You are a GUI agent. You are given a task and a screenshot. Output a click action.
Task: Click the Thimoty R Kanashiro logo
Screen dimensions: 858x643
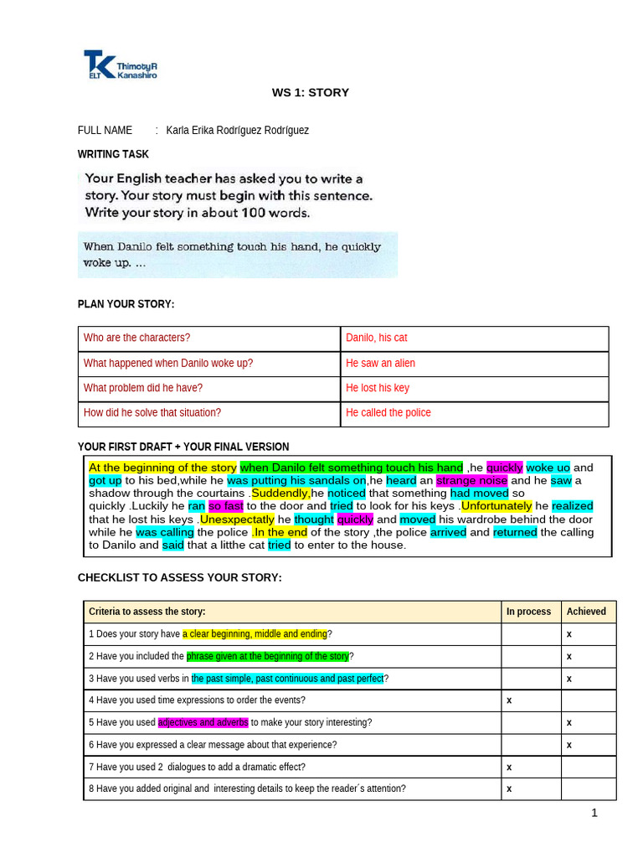pos(120,65)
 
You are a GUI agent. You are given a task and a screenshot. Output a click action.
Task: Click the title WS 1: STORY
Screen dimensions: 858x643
pos(310,92)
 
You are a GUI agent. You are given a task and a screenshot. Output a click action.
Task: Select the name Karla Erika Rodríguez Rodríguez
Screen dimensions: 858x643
pos(237,130)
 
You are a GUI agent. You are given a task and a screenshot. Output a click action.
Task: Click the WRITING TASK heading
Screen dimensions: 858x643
pos(113,154)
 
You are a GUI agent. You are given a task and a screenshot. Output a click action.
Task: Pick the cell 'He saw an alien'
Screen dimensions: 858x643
pos(380,363)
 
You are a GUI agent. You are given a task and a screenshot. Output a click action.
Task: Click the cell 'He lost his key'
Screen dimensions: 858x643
pos(378,388)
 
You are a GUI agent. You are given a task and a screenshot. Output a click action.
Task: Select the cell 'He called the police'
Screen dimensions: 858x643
pos(388,412)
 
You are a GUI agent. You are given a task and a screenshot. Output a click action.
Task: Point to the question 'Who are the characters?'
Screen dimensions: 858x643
pos(136,338)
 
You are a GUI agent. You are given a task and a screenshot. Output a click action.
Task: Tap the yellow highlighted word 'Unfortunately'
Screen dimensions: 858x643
pos(496,506)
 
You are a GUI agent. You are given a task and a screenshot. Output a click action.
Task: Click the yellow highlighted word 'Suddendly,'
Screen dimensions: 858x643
pos(280,494)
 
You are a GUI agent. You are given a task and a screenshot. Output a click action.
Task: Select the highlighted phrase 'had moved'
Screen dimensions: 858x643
pos(479,494)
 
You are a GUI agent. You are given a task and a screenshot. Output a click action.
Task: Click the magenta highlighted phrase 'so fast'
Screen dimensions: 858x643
pos(225,506)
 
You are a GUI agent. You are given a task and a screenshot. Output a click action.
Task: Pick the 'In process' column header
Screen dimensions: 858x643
pos(528,612)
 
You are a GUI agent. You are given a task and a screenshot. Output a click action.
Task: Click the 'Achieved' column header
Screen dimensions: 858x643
pos(586,612)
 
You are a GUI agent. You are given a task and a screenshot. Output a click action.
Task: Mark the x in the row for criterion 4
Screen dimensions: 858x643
pos(509,700)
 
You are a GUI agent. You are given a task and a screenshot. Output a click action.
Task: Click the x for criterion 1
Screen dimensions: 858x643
pos(569,634)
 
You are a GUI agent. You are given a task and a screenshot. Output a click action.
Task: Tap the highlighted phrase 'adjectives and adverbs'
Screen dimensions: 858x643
pos(203,722)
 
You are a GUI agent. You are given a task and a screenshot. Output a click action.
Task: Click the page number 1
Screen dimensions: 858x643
pos(594,813)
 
